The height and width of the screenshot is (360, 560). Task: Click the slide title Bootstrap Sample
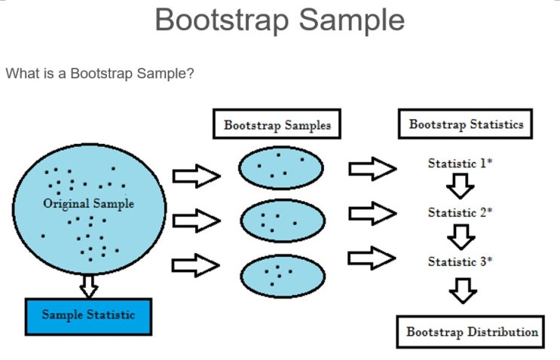280,20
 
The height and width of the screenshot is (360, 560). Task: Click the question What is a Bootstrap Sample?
100,74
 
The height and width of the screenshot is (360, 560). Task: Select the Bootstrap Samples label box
277,125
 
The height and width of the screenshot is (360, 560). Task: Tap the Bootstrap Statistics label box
466,124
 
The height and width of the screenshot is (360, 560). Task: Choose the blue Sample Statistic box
88,315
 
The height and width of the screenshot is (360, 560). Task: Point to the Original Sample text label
88,203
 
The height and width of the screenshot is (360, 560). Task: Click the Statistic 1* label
460,163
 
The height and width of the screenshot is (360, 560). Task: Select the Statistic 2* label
460,212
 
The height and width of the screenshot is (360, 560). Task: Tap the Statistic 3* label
460,261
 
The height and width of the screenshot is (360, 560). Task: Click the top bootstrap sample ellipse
280,167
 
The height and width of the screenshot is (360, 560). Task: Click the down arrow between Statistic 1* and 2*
460,187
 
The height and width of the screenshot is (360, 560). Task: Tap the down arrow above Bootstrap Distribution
462,290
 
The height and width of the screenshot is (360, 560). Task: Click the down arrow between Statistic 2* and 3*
460,236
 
